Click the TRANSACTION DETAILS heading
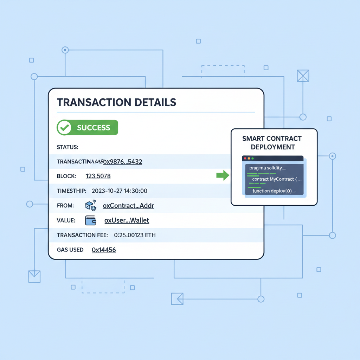(x=116, y=102)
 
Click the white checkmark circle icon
(x=64, y=128)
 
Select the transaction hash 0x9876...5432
(x=122, y=162)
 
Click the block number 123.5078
(x=98, y=176)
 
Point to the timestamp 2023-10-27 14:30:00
(x=119, y=191)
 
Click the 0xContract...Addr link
(x=128, y=206)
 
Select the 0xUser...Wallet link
(x=127, y=220)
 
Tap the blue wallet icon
(x=91, y=220)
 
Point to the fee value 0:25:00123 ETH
(x=135, y=235)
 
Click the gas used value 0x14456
(x=104, y=250)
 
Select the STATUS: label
(x=67, y=147)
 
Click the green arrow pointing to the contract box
(x=222, y=175)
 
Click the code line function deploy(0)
(x=274, y=191)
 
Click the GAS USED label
(x=70, y=250)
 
